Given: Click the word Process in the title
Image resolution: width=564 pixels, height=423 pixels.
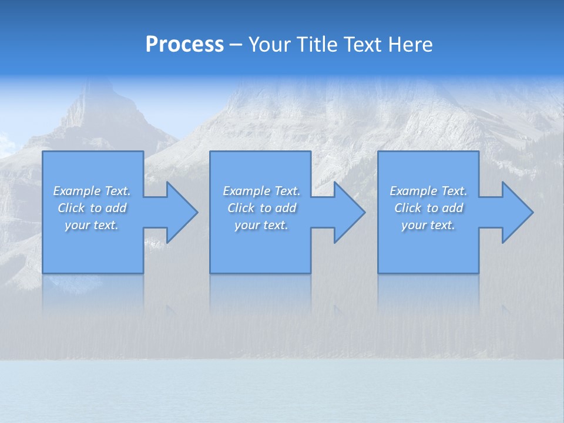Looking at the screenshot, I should (184, 45).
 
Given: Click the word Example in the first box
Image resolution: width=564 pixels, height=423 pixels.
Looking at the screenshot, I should (77, 191).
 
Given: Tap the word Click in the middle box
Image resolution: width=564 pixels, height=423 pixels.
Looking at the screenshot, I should (241, 208).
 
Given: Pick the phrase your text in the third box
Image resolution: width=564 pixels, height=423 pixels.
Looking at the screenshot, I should (428, 225).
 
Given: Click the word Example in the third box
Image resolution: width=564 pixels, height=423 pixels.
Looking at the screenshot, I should (414, 191).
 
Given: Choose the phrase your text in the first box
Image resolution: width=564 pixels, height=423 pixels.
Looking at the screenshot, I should (92, 225).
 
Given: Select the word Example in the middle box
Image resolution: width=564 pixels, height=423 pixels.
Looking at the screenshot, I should (247, 191).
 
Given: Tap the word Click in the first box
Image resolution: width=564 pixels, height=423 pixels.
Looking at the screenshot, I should (71, 208).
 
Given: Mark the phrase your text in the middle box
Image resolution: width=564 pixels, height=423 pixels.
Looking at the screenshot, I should (261, 225).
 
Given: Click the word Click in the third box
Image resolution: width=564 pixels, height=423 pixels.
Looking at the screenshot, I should (408, 208).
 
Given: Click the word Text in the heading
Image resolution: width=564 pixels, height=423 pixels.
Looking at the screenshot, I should (360, 45).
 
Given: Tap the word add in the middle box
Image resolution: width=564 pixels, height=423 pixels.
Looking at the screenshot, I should (285, 208).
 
